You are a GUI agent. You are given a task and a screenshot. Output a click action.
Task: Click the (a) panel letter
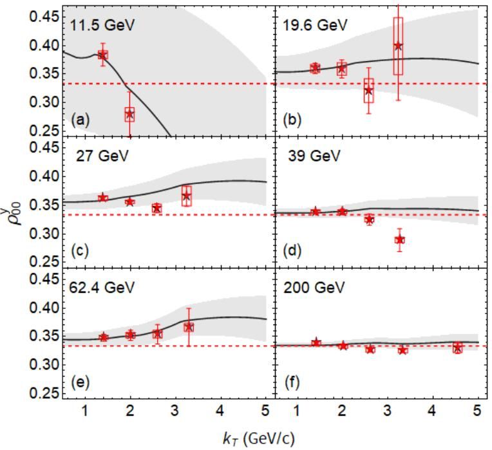click(81, 120)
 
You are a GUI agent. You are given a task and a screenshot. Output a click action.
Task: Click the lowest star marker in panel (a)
click(130, 114)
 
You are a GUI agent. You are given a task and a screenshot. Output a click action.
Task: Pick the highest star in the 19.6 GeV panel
click(398, 46)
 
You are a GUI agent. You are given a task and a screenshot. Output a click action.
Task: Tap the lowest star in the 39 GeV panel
click(399, 239)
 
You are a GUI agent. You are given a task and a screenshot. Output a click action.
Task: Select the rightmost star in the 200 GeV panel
click(457, 348)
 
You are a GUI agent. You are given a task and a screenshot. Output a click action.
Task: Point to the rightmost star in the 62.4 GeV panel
click(188, 327)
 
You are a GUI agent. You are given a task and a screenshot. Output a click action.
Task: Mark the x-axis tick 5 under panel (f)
click(477, 410)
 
